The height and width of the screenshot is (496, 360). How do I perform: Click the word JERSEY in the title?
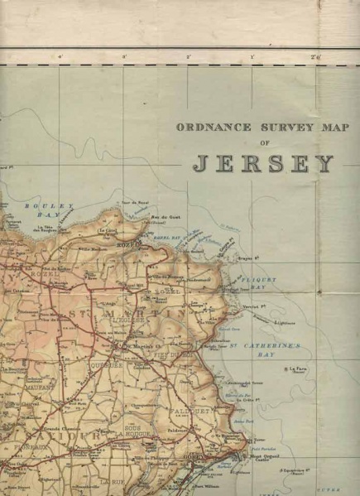click(x=262, y=163)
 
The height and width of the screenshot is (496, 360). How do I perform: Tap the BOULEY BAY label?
click(x=39, y=209)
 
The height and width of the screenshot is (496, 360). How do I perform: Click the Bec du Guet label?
click(x=159, y=218)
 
